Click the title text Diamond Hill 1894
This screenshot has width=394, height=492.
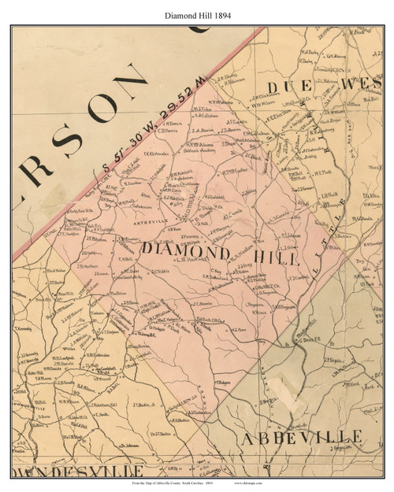tap(196, 14)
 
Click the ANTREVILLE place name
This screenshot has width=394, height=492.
tap(129, 220)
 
